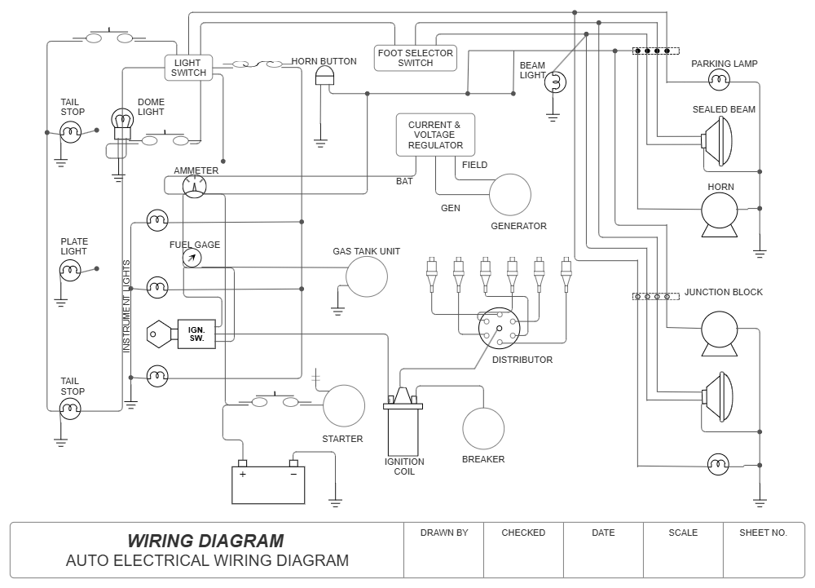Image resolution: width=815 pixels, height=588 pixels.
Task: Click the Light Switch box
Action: (x=189, y=67)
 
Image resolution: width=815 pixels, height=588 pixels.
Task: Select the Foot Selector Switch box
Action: (x=416, y=58)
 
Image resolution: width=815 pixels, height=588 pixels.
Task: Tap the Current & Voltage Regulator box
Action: (x=435, y=135)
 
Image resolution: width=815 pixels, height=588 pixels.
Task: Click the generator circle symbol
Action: (x=510, y=195)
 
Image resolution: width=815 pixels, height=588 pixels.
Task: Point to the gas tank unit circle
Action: (x=367, y=276)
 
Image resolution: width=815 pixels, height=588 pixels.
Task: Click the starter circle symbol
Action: (x=344, y=405)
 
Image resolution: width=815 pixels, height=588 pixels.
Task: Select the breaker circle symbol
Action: (x=483, y=427)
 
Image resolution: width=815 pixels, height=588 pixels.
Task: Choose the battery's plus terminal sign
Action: (x=243, y=474)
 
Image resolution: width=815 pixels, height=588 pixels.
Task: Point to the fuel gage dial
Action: (x=192, y=258)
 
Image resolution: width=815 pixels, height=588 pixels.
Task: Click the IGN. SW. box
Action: (x=196, y=334)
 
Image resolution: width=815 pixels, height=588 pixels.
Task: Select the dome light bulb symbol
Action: (x=122, y=122)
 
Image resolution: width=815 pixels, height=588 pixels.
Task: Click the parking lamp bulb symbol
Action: (x=718, y=80)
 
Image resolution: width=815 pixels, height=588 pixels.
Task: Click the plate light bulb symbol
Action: (x=71, y=270)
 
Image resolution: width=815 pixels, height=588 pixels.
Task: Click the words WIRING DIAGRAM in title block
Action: (x=205, y=541)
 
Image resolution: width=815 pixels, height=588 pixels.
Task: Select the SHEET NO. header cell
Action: (x=763, y=533)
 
